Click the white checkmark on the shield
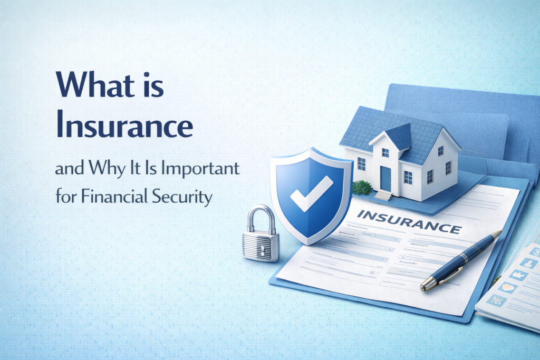311,192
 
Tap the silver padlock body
261,245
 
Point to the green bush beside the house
362,187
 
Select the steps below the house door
384,195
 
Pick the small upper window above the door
385,153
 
